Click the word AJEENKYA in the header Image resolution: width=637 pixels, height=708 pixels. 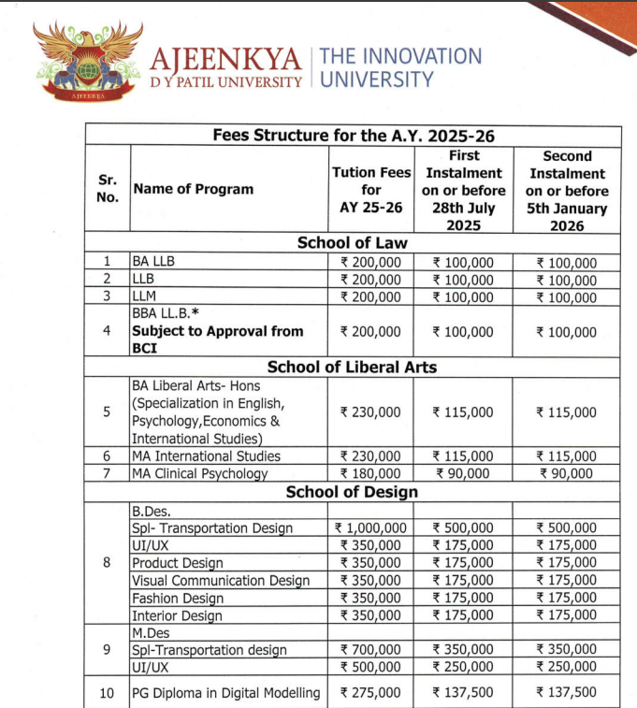click(x=225, y=61)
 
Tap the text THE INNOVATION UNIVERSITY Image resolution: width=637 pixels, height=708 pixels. click(x=400, y=67)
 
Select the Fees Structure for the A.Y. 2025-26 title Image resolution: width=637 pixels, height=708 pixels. click(x=354, y=136)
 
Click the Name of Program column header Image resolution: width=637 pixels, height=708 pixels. click(x=194, y=189)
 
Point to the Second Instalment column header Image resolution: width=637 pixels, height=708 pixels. click(x=568, y=191)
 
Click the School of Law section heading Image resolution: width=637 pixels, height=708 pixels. click(x=353, y=242)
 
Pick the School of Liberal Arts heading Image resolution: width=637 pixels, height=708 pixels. click(x=353, y=367)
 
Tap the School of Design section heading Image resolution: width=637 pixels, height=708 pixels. click(x=353, y=492)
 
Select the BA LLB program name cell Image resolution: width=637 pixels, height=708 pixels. click(x=153, y=263)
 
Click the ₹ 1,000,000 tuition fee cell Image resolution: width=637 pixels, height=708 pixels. click(x=372, y=528)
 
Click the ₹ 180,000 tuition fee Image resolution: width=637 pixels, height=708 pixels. click(x=372, y=473)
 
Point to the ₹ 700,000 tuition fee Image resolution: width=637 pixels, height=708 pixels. click(x=372, y=649)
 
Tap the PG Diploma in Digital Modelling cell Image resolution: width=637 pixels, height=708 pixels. click(x=225, y=693)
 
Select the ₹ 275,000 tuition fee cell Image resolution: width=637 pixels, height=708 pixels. click(x=372, y=693)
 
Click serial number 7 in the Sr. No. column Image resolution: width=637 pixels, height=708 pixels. click(x=107, y=473)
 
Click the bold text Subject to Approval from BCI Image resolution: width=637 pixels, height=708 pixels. click(x=217, y=339)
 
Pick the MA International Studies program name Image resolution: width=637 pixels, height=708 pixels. click(x=206, y=456)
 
